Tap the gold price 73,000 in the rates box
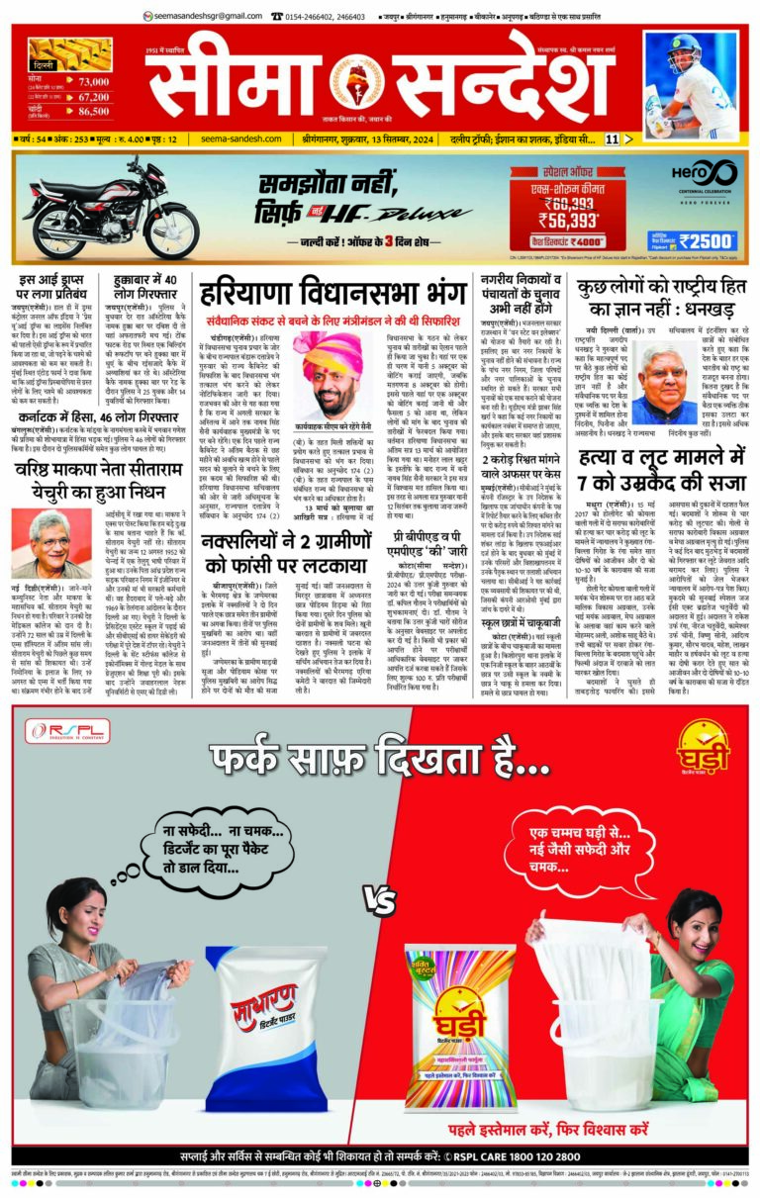[90, 81]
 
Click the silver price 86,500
[90, 111]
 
